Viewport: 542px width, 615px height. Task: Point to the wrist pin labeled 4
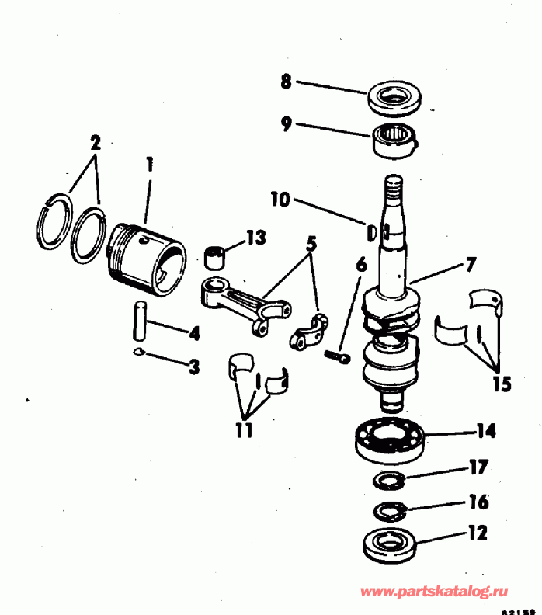[x=139, y=318]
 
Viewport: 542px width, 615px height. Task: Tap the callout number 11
[x=244, y=429]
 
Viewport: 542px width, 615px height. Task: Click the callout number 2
[x=95, y=142]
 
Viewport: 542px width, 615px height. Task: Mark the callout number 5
[x=311, y=243]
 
